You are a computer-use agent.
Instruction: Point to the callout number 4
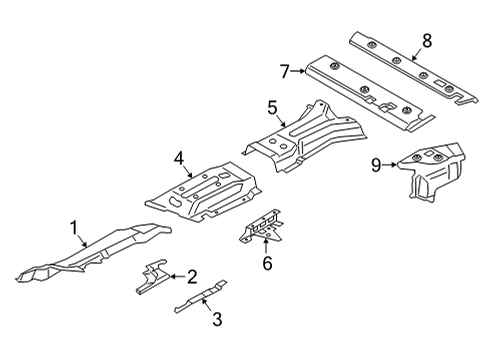coord(179,157)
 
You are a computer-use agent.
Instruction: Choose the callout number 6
coord(266,263)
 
